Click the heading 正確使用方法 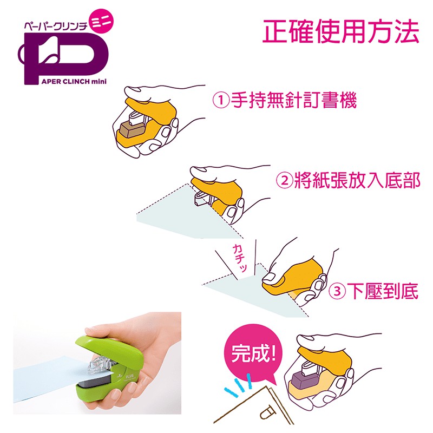click(340, 31)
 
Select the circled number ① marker click(221, 101)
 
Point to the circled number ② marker click(285, 181)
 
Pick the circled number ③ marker click(337, 292)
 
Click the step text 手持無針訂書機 click(294, 100)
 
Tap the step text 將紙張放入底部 click(357, 181)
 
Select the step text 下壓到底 click(383, 291)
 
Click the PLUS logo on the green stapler click(129, 376)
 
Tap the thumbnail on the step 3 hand click(269, 277)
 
